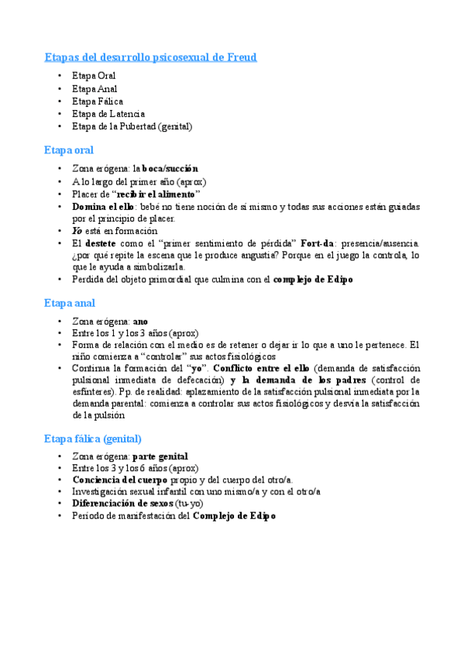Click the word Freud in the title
click(x=241, y=57)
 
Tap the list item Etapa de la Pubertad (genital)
click(x=132, y=126)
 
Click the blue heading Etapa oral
click(x=69, y=150)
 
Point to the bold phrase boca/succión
click(x=170, y=168)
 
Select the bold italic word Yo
click(x=77, y=231)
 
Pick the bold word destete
click(x=100, y=243)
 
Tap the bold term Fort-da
click(x=318, y=243)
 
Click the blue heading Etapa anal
click(x=70, y=303)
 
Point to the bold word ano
click(x=140, y=320)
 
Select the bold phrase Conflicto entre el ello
click(x=253, y=368)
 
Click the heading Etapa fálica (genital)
click(x=93, y=439)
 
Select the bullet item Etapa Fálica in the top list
click(x=98, y=101)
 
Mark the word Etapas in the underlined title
click(x=64, y=57)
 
